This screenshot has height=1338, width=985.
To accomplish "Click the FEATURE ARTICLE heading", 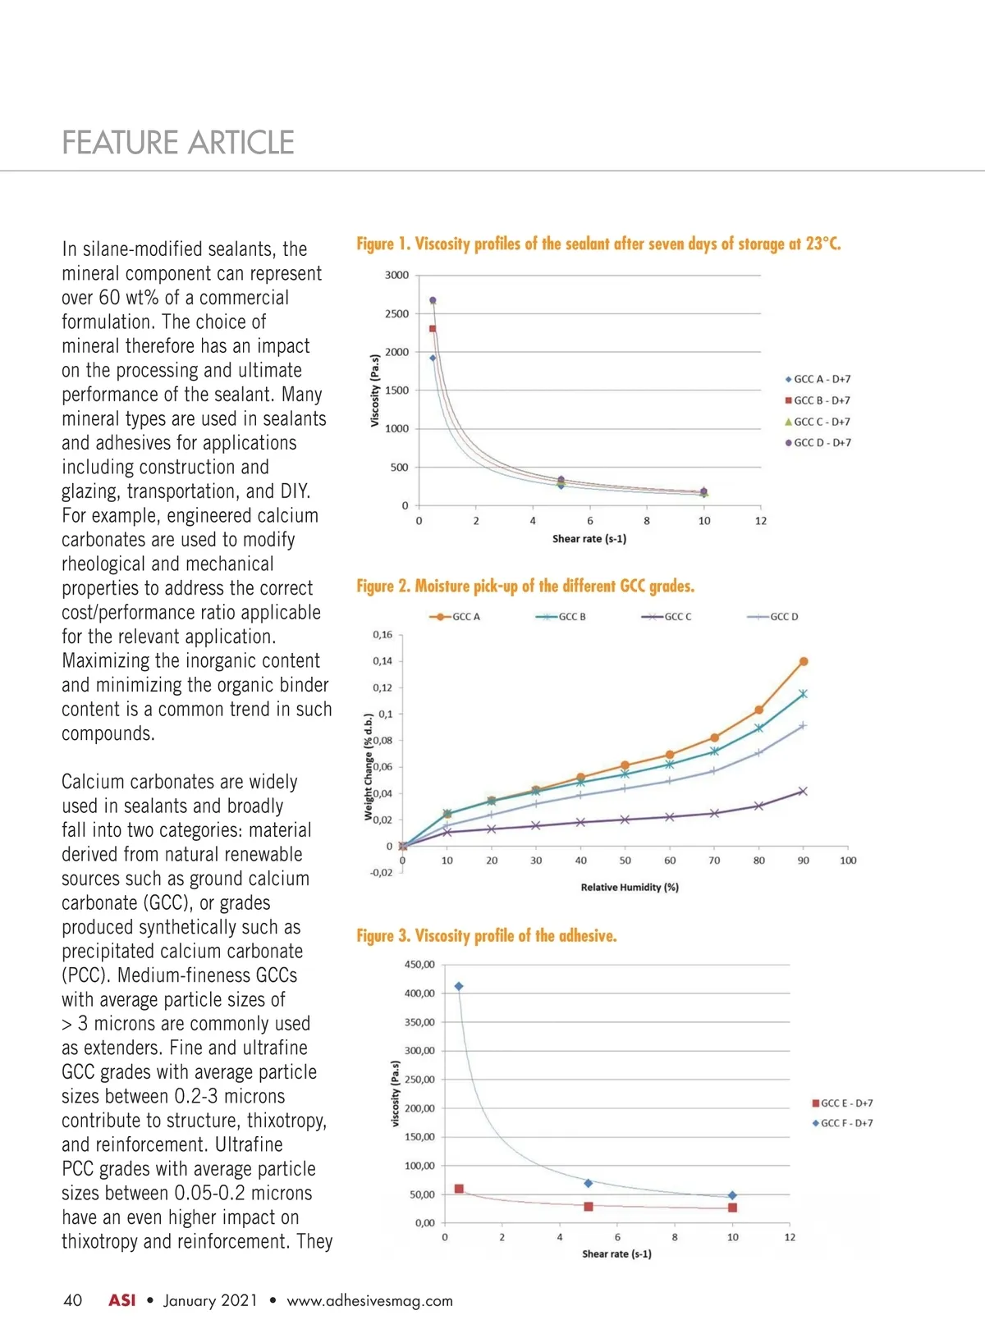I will [178, 143].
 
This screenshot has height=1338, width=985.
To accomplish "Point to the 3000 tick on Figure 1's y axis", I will [396, 275].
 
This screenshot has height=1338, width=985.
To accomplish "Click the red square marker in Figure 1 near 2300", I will [433, 329].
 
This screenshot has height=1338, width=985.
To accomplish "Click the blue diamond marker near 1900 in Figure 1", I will [433, 358].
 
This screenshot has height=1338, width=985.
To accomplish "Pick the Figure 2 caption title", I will [525, 586].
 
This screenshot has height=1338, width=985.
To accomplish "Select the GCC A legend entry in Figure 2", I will [455, 617].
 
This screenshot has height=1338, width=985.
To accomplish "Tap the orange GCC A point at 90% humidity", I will [804, 661].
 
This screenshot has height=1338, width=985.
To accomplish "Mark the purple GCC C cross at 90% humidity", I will [803, 792].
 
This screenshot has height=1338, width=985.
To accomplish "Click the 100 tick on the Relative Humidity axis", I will [848, 861].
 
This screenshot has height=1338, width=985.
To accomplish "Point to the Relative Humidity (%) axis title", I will [630, 887].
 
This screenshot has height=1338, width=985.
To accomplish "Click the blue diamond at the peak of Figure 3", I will [459, 986].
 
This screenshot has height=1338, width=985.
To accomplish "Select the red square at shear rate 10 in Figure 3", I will [732, 1208].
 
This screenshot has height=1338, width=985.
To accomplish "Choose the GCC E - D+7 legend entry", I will [842, 1103].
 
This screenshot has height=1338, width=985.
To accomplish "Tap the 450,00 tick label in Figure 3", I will [419, 965].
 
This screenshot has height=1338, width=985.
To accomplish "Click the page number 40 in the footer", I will [73, 1300].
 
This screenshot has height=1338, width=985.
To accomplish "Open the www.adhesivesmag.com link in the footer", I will [369, 1300].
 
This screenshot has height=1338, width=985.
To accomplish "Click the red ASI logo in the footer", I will [122, 1300].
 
